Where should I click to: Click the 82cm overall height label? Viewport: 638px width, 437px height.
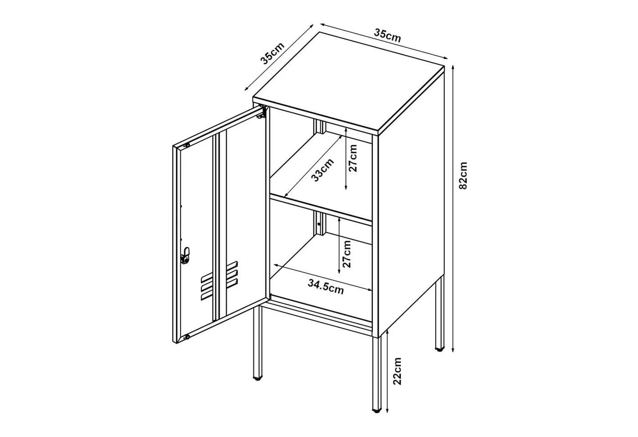pyautogui.click(x=463, y=176)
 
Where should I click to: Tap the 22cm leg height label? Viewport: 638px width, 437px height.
pyautogui.click(x=397, y=371)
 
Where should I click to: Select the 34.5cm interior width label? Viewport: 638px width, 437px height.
pyautogui.click(x=326, y=286)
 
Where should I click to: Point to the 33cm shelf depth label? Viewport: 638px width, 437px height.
pyautogui.click(x=323, y=170)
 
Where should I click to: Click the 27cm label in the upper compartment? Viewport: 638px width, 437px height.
pyautogui.click(x=353, y=158)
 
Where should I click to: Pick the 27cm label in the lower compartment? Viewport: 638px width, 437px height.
pyautogui.click(x=346, y=254)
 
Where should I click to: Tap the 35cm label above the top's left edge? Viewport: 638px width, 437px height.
pyautogui.click(x=273, y=54)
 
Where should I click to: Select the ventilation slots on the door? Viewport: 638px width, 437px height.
pyautogui.click(x=220, y=280)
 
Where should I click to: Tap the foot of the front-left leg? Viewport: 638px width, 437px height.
pyautogui.click(x=257, y=379)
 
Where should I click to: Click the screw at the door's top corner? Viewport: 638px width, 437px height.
pyautogui.click(x=187, y=145)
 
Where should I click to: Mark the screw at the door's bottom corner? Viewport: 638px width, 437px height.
pyautogui.click(x=187, y=337)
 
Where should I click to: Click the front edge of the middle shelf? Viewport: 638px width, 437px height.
pyautogui.click(x=321, y=210)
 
